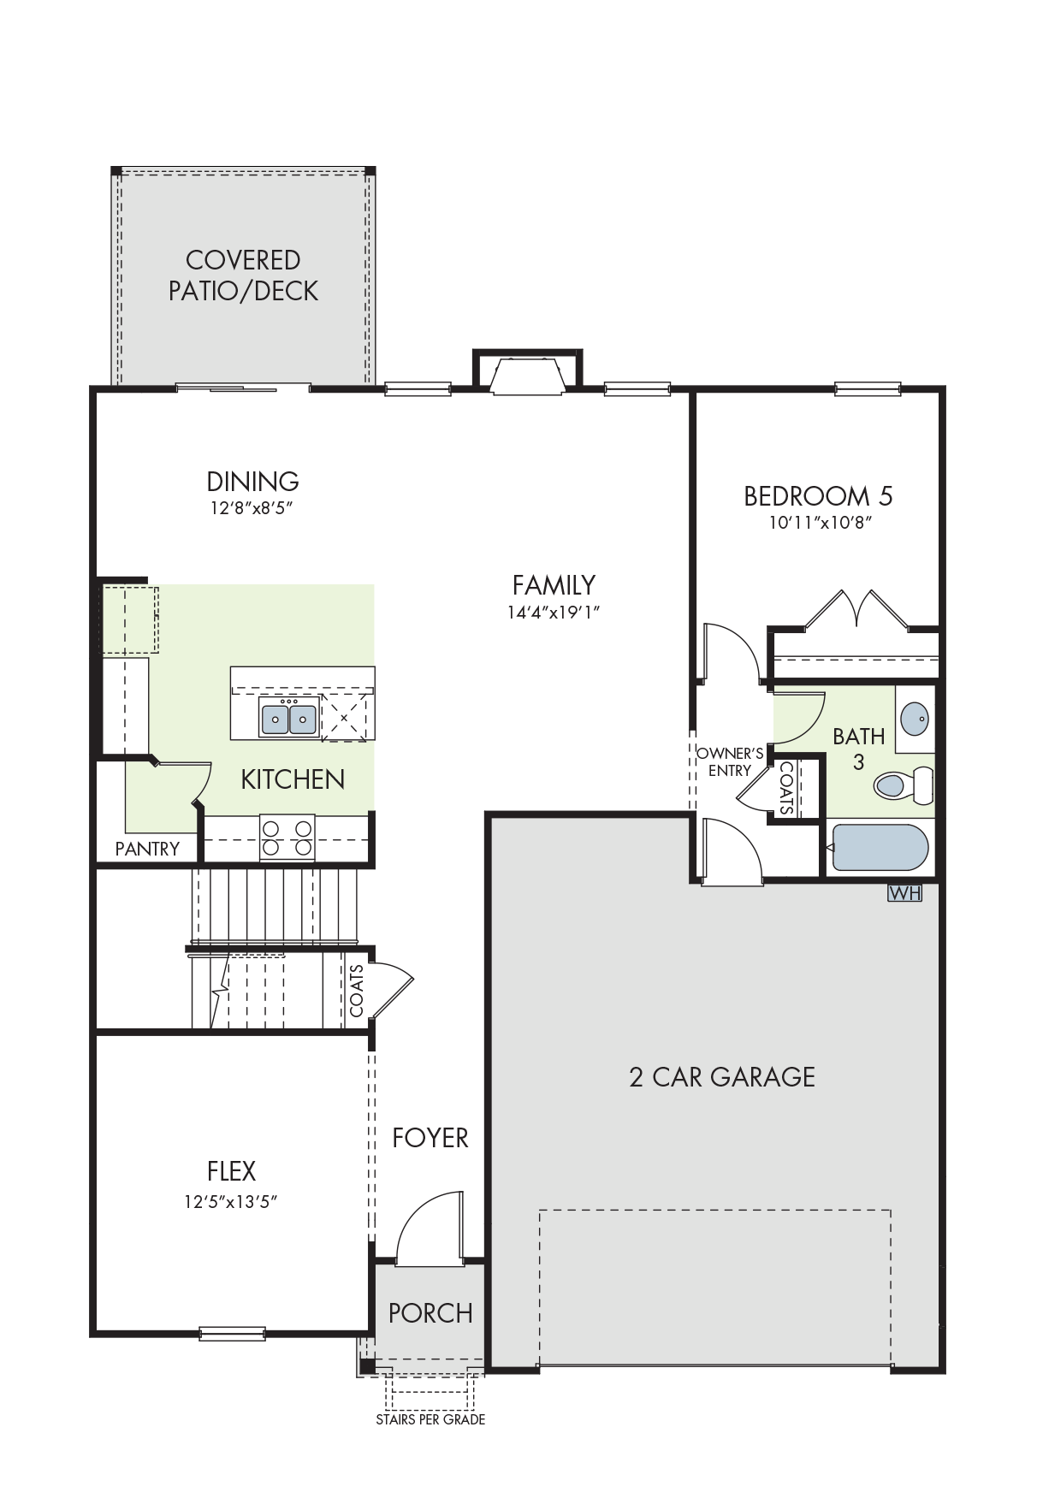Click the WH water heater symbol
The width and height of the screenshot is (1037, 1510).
pyautogui.click(x=905, y=893)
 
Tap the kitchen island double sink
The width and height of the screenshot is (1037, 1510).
pyautogui.click(x=289, y=716)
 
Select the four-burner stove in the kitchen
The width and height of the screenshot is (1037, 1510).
pyautogui.click(x=287, y=838)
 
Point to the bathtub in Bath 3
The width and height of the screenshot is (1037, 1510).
pyautogui.click(x=880, y=846)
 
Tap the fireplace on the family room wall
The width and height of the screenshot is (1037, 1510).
pyautogui.click(x=528, y=373)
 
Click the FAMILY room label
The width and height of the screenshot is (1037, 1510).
pyautogui.click(x=554, y=585)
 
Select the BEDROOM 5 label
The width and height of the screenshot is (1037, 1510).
pyautogui.click(x=818, y=496)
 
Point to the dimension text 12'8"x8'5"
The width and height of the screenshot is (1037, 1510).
pyautogui.click(x=252, y=508)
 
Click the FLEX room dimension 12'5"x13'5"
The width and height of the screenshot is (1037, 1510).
pyautogui.click(x=231, y=1201)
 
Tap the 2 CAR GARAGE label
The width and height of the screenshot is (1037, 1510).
pyautogui.click(x=722, y=1076)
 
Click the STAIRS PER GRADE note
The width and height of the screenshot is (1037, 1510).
pyautogui.click(x=430, y=1419)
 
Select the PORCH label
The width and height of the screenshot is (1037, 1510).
pyautogui.click(x=430, y=1313)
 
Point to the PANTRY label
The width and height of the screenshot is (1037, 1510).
pyautogui.click(x=147, y=849)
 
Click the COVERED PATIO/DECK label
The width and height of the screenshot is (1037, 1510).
pyautogui.click(x=243, y=275)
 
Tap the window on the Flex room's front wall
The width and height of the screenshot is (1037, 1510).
pyautogui.click(x=232, y=1333)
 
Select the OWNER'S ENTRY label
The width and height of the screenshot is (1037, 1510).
pyautogui.click(x=730, y=761)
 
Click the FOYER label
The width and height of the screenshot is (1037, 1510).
pyautogui.click(x=430, y=1138)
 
